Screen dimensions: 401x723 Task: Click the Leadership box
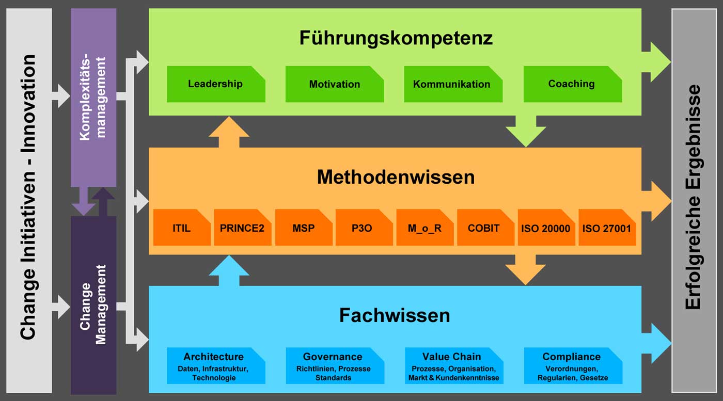pos(215,84)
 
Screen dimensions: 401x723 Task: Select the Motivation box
pos(334,84)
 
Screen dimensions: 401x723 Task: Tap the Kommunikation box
pos(452,84)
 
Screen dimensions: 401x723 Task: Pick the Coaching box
pos(572,84)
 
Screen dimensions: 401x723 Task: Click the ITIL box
pos(181,228)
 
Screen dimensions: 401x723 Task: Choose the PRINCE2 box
pos(242,228)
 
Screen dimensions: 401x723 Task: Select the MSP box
pos(303,228)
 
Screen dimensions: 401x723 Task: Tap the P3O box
pos(364,228)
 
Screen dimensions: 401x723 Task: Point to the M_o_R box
pos(425,228)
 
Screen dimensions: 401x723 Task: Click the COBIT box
pos(485,228)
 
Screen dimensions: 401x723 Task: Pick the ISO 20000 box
pos(546,228)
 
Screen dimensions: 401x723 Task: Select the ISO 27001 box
pos(606,228)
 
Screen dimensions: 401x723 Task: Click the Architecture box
pos(215,366)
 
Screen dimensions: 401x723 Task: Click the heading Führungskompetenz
pos(396,38)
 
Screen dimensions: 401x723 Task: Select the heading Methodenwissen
pos(396,177)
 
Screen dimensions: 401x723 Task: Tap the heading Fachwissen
pos(395,315)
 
